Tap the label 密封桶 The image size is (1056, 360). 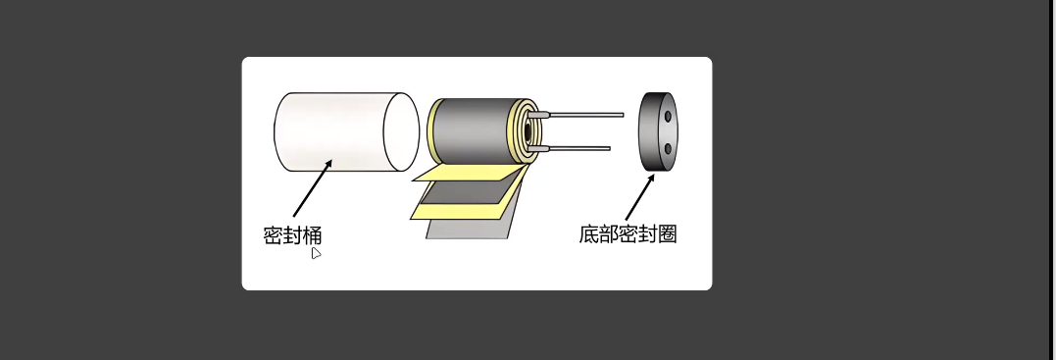(x=292, y=235)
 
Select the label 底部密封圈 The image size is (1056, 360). (x=628, y=234)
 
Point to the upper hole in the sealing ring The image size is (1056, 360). (x=669, y=117)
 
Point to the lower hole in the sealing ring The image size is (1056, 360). (x=668, y=147)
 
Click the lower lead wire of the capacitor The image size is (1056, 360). (x=578, y=148)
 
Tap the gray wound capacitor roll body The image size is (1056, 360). (x=471, y=132)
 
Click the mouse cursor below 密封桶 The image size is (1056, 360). (x=316, y=253)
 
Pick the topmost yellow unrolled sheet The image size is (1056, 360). (x=461, y=174)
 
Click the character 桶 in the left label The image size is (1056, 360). (x=312, y=235)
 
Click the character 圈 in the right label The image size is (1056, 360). (x=667, y=234)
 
